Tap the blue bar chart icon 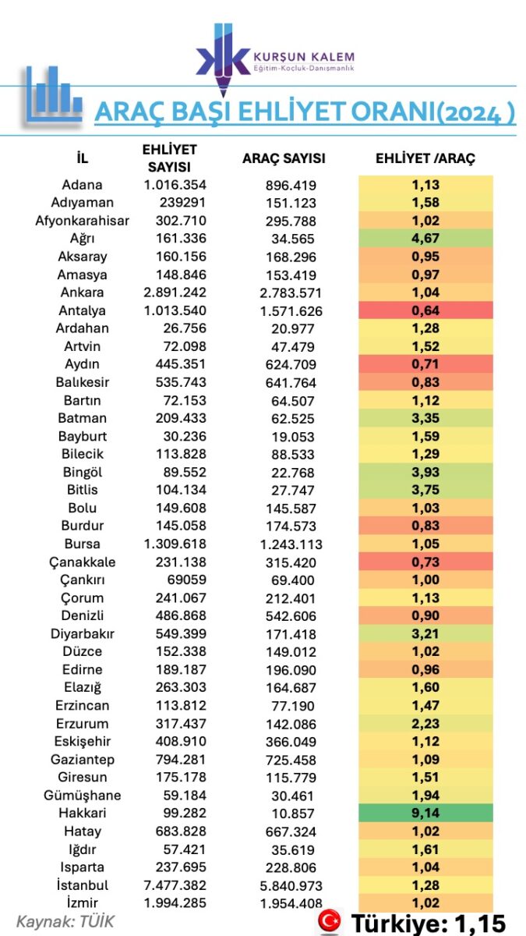point(53,94)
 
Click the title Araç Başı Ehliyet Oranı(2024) point(304,112)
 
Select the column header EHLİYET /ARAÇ point(425,158)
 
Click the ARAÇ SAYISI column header point(284,158)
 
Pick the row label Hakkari point(83,814)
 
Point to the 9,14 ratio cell point(425,814)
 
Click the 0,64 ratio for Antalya point(425,310)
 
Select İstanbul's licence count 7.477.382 point(175,885)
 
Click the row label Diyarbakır point(83,633)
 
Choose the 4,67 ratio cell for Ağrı point(425,239)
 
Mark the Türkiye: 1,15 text point(428,923)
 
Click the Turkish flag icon point(330,922)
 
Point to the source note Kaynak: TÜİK point(65,921)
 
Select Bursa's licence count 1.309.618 point(175,544)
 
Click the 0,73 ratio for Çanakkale point(425,562)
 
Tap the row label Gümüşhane point(83,796)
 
